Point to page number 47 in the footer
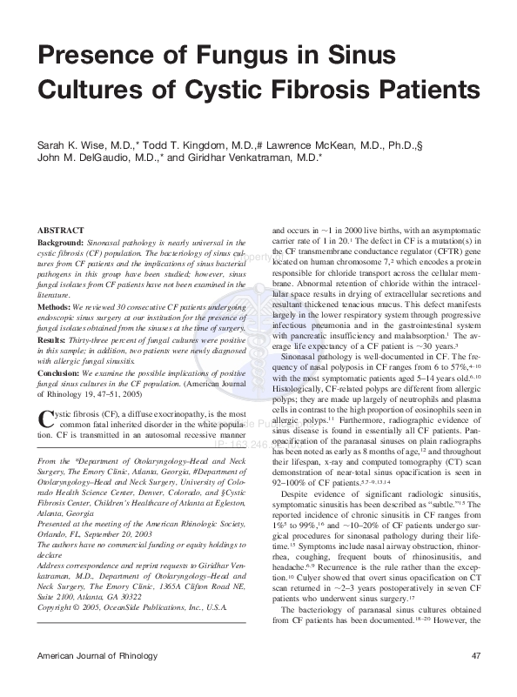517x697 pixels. coord(475,679)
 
